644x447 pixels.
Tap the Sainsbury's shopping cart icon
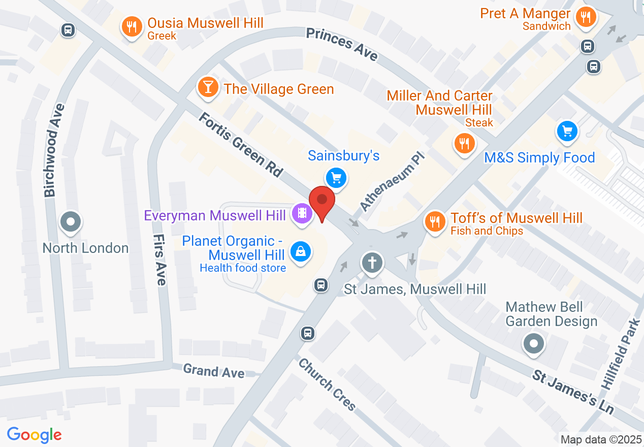[x=336, y=178]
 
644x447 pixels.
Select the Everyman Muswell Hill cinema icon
[x=302, y=213]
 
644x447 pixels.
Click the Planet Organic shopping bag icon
[x=301, y=251]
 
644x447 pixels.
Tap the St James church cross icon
[x=372, y=263]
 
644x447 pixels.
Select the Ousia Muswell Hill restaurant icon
[x=132, y=26]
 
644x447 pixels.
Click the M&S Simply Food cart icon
[x=567, y=131]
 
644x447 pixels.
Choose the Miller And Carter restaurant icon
[x=463, y=143]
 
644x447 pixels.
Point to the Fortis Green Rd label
[x=240, y=145]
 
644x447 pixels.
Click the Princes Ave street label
[x=342, y=45]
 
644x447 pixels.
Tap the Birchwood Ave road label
[x=55, y=150]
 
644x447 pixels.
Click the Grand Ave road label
[x=213, y=371]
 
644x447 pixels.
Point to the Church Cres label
[x=327, y=385]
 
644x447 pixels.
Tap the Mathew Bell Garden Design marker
[x=533, y=344]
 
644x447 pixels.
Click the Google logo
[x=35, y=435]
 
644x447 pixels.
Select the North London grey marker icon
[x=71, y=222]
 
